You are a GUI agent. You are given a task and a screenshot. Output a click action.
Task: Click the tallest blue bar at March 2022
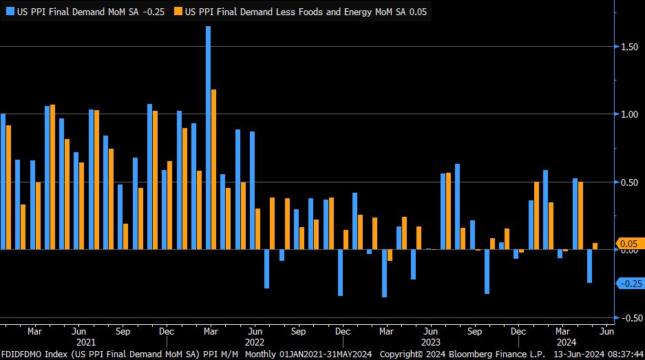[208, 138]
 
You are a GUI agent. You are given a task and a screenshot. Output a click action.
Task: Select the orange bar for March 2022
[214, 169]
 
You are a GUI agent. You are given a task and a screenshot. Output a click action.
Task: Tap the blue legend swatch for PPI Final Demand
[10, 11]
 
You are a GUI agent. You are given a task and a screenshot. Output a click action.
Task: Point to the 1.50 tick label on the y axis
[628, 47]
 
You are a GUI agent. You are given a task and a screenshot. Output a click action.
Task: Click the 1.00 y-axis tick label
[628, 114]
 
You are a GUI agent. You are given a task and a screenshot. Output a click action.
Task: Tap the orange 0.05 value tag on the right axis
[629, 244]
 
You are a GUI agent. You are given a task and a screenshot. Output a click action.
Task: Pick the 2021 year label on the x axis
[86, 341]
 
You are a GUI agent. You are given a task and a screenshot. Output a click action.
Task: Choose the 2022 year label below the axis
[255, 341]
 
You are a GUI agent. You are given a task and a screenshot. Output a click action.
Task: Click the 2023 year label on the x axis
[430, 341]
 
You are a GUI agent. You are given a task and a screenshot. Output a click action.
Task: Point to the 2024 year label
[566, 341]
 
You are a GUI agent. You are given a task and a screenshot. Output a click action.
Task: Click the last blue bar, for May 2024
[589, 266]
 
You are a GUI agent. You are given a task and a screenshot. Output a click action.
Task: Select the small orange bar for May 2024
[595, 246]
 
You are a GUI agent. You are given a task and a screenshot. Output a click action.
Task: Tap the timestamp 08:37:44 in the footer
[621, 354]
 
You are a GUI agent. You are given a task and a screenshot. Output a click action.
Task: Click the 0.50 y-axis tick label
[628, 182]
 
